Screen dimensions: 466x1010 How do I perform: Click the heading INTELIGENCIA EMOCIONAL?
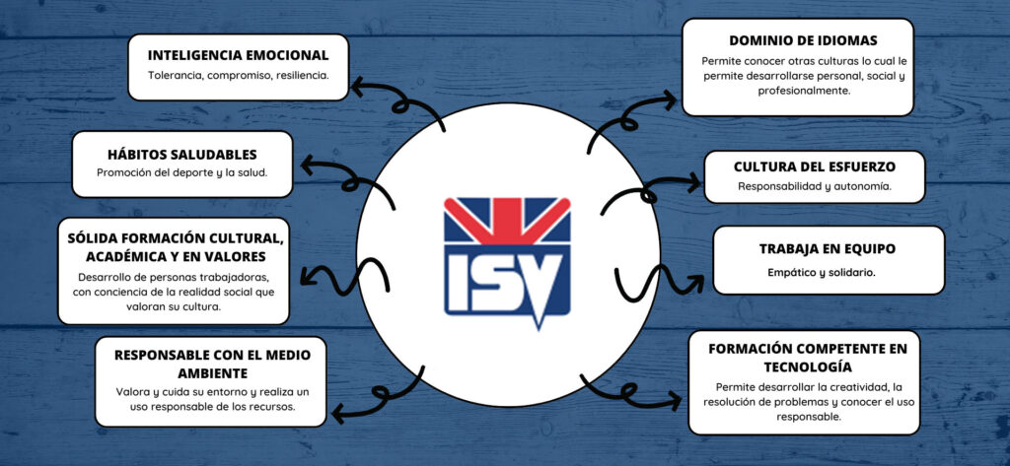pos(238,54)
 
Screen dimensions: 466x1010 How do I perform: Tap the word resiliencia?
pos(298,75)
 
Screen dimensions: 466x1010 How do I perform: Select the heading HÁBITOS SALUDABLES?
pos(181,155)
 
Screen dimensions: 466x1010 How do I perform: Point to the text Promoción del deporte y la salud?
pos(181,173)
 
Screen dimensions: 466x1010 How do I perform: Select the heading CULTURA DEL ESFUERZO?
pos(815,166)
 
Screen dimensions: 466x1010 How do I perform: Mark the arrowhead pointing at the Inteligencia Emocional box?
pos(356,89)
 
